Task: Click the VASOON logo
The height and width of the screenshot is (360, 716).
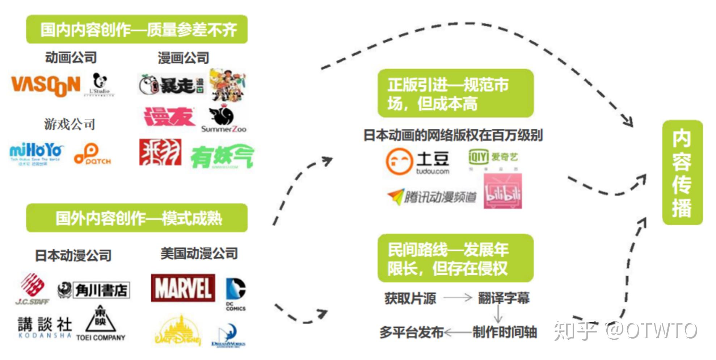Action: [46, 85]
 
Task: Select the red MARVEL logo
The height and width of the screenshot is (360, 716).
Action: [183, 288]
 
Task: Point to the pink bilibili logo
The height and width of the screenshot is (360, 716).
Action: [503, 192]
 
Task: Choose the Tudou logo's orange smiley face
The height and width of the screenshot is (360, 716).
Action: [399, 162]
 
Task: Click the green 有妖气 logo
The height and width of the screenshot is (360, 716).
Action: [222, 157]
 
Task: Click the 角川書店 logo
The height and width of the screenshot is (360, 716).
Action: [94, 290]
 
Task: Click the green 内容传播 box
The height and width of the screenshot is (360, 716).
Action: [682, 173]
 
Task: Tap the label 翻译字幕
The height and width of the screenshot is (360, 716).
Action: [504, 298]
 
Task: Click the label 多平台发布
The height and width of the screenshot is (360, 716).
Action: [411, 332]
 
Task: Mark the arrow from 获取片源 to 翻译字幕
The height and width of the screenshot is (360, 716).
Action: [458, 298]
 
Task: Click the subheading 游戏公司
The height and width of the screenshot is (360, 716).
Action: [70, 124]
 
